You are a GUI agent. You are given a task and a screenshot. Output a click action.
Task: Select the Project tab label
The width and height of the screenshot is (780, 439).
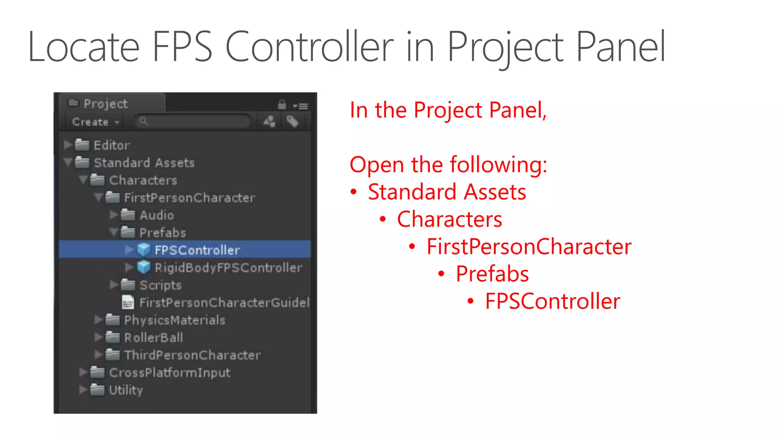click(x=105, y=104)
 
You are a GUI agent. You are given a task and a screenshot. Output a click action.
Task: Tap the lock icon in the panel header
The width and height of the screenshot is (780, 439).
click(x=282, y=104)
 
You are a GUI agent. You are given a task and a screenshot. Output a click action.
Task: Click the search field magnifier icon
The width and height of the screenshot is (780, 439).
click(x=143, y=121)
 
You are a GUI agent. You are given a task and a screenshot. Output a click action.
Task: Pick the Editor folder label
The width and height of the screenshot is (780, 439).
click(x=112, y=145)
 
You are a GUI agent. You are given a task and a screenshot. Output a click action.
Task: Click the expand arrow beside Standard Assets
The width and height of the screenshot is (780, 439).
click(x=68, y=163)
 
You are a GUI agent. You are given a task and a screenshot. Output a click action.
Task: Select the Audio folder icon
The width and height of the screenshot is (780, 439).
click(x=128, y=215)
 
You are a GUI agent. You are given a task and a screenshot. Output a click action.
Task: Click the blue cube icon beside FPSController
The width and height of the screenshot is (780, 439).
click(x=144, y=250)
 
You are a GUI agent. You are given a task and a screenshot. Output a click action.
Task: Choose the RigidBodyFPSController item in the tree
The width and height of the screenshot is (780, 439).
click(x=228, y=268)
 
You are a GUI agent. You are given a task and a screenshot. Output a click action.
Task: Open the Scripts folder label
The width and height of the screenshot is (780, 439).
click(x=160, y=285)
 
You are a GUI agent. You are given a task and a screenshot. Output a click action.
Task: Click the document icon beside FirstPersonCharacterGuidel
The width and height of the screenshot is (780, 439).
click(x=128, y=303)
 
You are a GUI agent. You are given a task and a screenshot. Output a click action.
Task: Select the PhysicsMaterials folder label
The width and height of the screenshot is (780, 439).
click(x=174, y=320)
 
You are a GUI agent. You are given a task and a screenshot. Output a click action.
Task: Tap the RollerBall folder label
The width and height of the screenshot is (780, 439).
click(x=153, y=338)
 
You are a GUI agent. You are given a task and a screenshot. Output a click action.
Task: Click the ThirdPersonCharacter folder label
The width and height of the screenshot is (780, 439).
click(x=192, y=355)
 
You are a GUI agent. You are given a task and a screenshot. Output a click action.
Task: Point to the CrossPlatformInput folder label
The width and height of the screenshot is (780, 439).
click(x=169, y=373)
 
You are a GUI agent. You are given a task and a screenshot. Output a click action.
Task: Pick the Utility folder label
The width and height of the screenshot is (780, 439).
click(x=126, y=390)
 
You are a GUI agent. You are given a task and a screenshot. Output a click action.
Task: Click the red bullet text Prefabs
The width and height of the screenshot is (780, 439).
click(x=492, y=274)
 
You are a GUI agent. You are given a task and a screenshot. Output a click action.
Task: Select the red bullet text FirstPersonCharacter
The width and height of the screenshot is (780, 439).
click(x=529, y=247)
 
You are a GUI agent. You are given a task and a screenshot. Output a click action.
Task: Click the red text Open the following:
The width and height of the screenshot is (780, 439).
click(x=448, y=165)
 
